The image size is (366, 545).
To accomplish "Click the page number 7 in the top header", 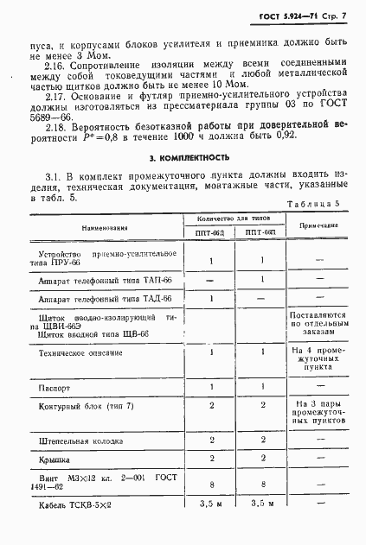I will pyautogui.click(x=344, y=16).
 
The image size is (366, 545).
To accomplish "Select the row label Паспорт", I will pyautogui.click(x=55, y=389).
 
